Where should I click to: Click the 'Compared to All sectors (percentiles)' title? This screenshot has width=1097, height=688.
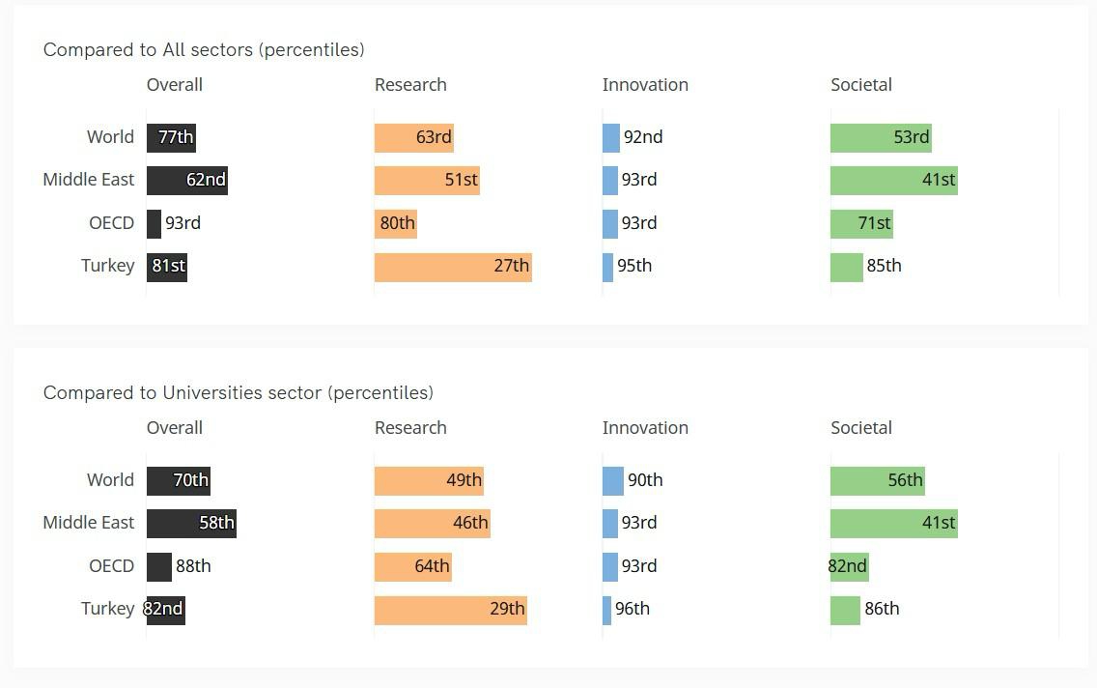[204, 49]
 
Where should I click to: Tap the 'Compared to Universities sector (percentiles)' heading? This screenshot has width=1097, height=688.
[238, 392]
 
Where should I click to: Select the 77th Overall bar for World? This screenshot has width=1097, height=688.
[172, 137]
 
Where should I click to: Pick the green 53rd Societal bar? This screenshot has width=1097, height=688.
[881, 137]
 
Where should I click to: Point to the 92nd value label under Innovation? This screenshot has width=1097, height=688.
[643, 137]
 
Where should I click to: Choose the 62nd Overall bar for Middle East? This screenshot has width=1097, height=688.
[187, 181]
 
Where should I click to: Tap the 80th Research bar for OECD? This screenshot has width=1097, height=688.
[396, 223]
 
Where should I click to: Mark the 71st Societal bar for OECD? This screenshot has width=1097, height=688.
[861, 223]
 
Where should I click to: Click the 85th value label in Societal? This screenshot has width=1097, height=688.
[885, 266]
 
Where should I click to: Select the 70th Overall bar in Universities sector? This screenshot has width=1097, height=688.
[179, 480]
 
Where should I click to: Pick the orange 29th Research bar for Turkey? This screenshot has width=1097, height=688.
[451, 610]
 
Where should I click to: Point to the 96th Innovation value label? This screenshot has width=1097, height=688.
[633, 609]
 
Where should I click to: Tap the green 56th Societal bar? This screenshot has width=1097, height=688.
[878, 480]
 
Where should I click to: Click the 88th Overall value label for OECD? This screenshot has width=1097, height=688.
[193, 566]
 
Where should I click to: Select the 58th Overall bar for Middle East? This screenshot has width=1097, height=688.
[191, 524]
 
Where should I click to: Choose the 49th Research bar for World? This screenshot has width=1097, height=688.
[429, 480]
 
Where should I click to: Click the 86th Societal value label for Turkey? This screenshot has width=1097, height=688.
[883, 609]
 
